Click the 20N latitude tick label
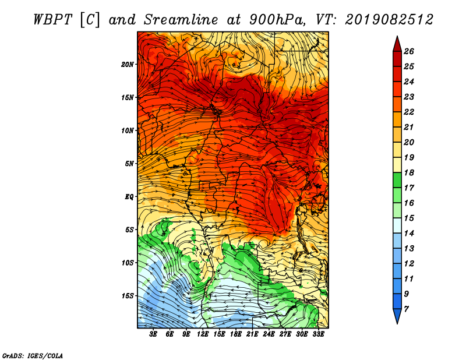coord(127,65)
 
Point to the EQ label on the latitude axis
coord(129,197)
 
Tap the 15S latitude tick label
coord(128,296)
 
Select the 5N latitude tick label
coord(129,164)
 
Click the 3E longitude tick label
coord(153,334)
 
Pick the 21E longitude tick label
coord(252,334)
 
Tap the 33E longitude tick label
coord(318,334)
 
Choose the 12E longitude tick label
coord(203,334)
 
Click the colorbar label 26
coord(409,51)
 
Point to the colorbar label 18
coord(409,172)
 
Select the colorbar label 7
coord(406,309)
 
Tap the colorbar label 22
coord(409,112)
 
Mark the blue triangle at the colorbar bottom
coord(397,315)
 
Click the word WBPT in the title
coord(52,20)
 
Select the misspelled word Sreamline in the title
coord(181,20)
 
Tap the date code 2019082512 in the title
coord(389,20)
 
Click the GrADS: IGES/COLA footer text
coord(33,356)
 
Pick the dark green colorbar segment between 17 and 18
coord(397,180)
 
